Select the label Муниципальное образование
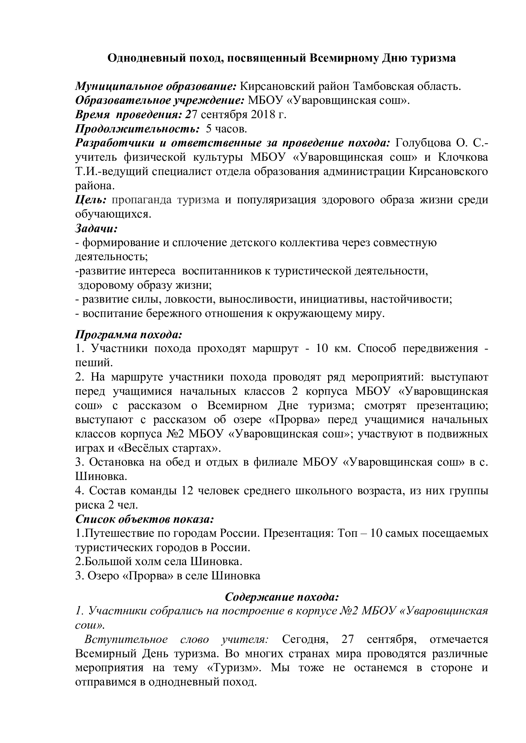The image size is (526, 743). pos(156,87)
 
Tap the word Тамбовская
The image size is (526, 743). pos(384,87)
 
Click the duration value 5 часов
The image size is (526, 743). pos(226,129)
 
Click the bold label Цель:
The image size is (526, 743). pos(91,200)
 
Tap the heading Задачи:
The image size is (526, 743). pos(96,228)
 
